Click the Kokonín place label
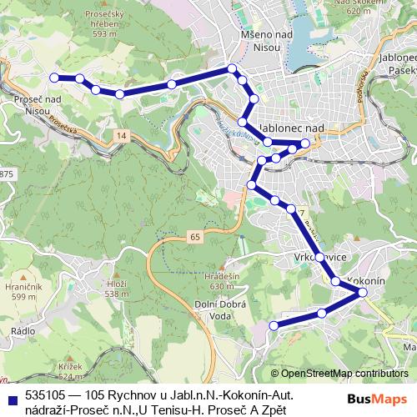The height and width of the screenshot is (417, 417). click(364, 281)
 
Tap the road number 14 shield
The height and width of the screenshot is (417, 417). click(123, 135)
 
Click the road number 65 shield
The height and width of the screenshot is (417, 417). click(194, 238)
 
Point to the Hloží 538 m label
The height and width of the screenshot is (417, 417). click(115, 288)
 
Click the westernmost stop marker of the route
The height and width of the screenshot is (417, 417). click(55, 78)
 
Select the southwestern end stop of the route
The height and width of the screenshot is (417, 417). click(274, 326)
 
